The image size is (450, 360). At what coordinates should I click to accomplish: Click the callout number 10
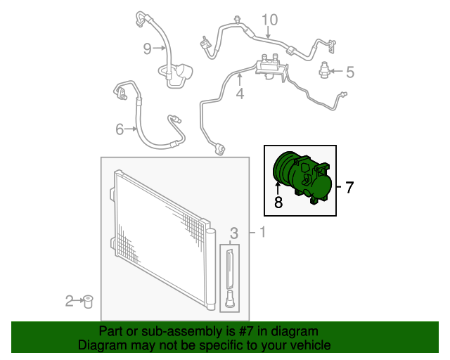(270, 20)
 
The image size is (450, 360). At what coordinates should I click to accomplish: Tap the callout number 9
(147, 49)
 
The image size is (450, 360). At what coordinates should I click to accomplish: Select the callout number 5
(350, 72)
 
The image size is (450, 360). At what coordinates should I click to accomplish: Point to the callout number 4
(240, 94)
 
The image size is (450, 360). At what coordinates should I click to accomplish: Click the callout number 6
(120, 129)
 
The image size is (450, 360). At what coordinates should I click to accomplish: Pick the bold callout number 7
(349, 187)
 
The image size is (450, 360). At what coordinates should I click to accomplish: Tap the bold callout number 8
(278, 202)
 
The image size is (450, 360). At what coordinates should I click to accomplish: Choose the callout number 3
(234, 233)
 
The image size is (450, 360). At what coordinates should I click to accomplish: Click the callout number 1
(262, 232)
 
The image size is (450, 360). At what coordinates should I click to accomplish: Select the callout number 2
(70, 301)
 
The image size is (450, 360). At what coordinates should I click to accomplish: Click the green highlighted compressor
(302, 179)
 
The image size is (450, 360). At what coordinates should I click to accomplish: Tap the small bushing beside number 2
(88, 301)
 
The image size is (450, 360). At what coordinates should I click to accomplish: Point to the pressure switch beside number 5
(323, 70)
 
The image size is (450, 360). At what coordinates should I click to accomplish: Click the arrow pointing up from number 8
(278, 189)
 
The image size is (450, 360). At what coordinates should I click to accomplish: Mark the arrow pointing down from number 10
(268, 32)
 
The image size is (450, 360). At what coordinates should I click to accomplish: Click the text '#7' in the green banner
(246, 332)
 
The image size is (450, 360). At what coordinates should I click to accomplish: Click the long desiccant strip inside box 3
(230, 269)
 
